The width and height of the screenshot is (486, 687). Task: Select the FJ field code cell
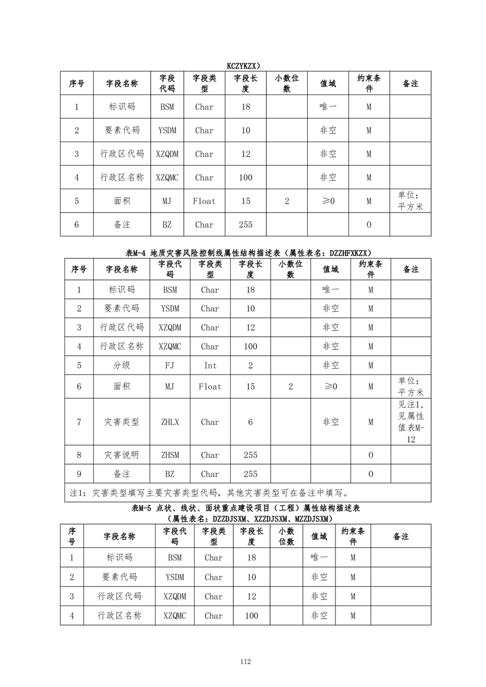(170, 366)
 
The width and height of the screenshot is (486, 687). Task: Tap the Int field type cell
(209, 366)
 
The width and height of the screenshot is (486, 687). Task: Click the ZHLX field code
(170, 422)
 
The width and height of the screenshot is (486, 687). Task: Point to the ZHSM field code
(170, 455)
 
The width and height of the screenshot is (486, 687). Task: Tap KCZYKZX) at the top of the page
(244, 65)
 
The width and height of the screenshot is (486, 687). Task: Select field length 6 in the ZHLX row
(250, 422)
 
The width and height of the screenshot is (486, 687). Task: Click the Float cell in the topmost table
(204, 201)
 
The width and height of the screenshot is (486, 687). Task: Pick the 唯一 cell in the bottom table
(319, 558)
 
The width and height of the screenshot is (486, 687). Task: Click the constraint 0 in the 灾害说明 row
(370, 455)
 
